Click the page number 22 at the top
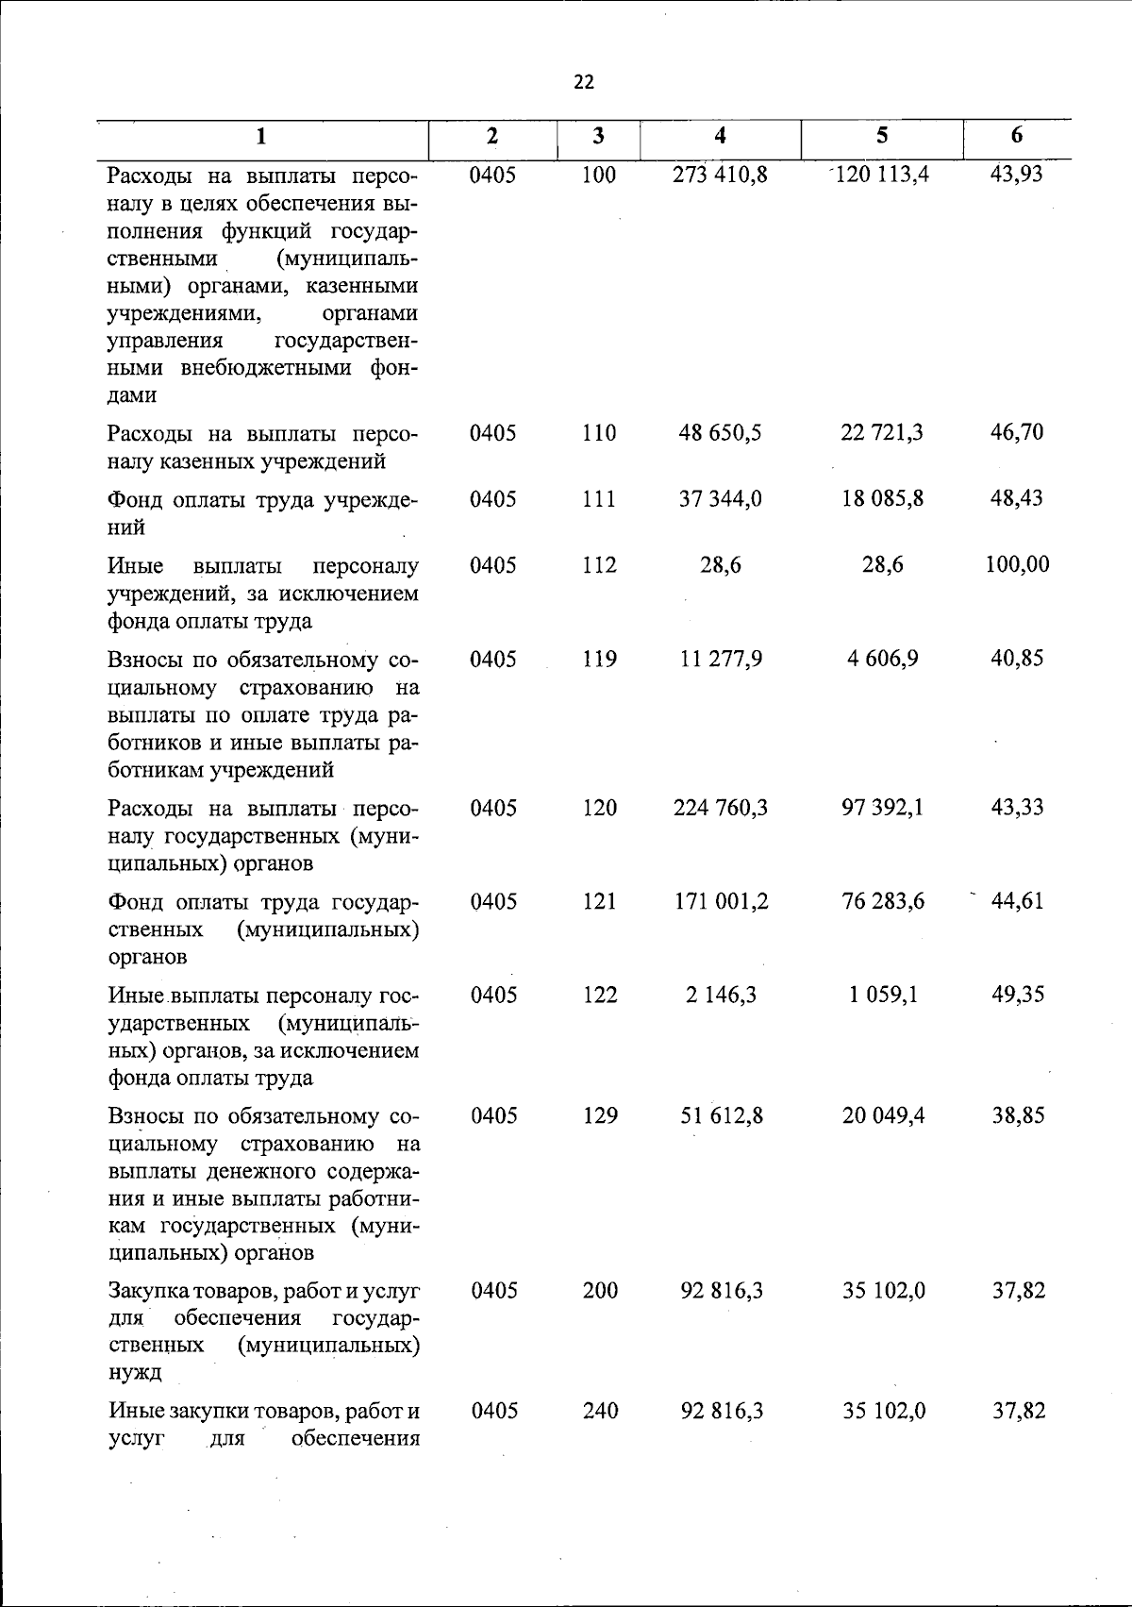[584, 83]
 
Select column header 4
[721, 136]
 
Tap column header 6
[1016, 136]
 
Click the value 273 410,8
[721, 175]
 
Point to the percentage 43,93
[1017, 175]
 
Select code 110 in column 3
[599, 433]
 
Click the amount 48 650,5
[721, 433]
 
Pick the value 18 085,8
[883, 498]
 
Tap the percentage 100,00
[1017, 565]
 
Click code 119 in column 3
[599, 659]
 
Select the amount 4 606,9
[883, 659]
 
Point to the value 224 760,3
[721, 808]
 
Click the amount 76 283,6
[883, 901]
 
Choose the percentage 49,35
[1018, 995]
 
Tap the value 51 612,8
[722, 1116]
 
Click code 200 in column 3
[600, 1291]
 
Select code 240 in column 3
[600, 1412]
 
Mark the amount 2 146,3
[722, 995]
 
